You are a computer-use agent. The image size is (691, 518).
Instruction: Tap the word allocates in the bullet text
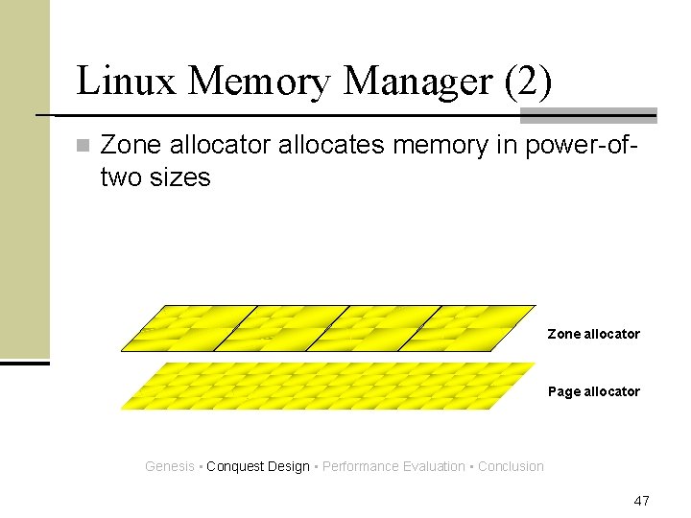323,146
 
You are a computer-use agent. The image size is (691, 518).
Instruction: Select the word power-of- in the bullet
583,146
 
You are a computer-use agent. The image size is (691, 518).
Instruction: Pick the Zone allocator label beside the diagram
593,334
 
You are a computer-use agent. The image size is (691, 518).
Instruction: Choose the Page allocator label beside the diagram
593,391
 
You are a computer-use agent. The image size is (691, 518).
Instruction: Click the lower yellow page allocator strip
326,386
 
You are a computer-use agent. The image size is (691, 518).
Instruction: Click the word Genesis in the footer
169,466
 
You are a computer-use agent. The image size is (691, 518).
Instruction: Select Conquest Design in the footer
257,466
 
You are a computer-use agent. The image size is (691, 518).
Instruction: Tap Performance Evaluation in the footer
393,466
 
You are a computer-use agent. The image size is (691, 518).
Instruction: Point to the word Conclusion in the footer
511,466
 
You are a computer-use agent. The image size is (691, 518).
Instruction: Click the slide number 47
642,501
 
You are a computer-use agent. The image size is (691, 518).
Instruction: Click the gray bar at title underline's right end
588,115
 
